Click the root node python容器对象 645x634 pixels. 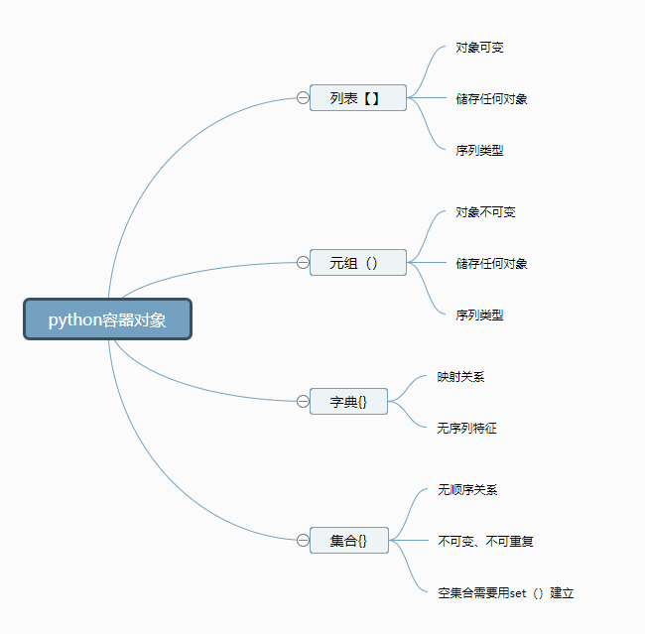(108, 319)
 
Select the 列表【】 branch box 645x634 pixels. (358, 98)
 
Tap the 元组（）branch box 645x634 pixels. (358, 263)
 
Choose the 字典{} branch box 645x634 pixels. (348, 401)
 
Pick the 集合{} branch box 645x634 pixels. (349, 540)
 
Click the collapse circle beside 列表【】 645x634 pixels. (303, 98)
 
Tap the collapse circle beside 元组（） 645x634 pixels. (303, 263)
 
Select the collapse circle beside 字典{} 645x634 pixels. (303, 401)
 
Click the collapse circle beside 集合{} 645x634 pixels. (303, 540)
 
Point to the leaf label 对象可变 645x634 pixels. (479, 48)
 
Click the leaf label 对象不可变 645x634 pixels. (485, 212)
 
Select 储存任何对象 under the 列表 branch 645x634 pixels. (491, 99)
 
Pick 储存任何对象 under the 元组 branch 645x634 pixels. (491, 263)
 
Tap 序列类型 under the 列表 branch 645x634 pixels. (479, 150)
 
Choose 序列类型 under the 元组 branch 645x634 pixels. (479, 315)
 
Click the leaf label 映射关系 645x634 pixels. (460, 376)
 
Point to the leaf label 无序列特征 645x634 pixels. (467, 428)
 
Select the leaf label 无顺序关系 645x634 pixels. (467, 489)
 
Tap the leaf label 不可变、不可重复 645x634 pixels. (486, 541)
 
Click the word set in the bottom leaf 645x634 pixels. (518, 593)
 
